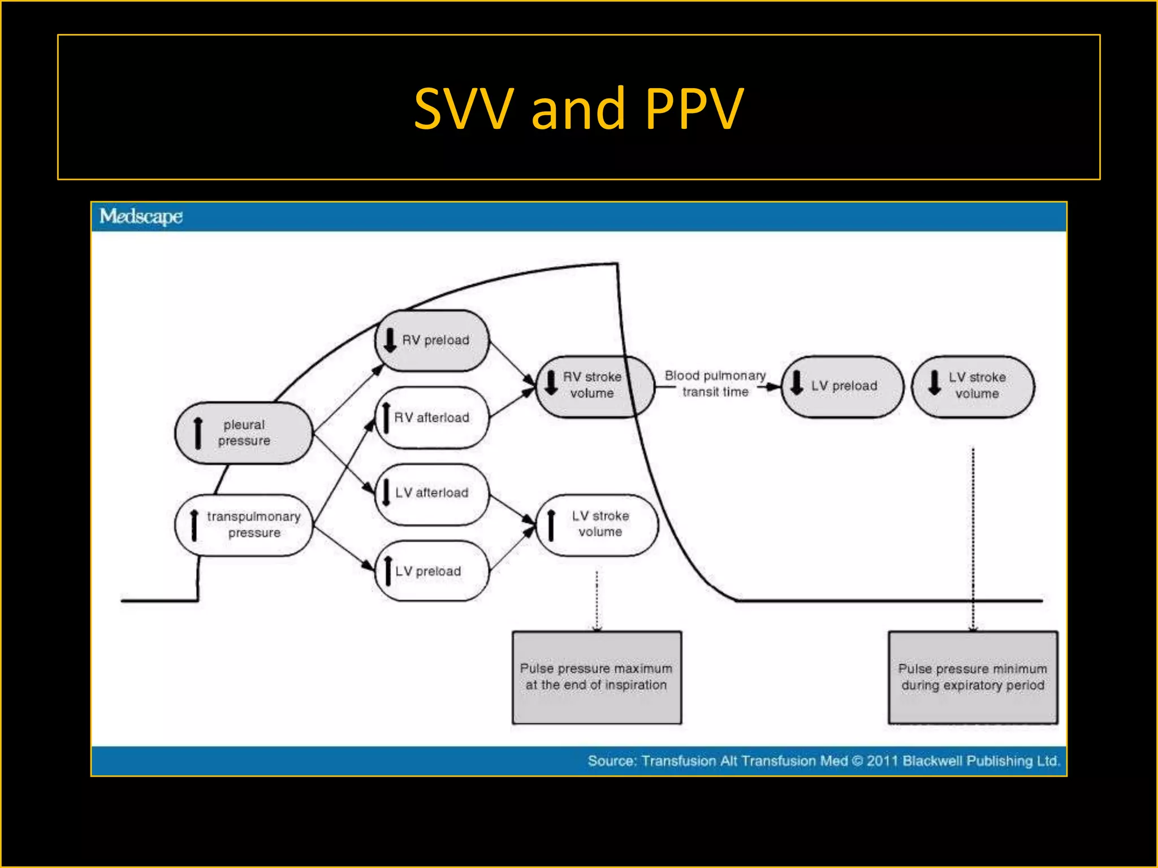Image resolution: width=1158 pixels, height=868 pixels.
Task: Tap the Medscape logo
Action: click(141, 216)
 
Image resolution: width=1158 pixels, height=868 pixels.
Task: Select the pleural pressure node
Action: click(244, 433)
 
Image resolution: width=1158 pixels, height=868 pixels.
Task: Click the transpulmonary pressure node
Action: click(244, 525)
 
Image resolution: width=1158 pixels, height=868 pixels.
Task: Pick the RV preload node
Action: click(433, 340)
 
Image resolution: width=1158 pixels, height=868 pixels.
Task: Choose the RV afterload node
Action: click(433, 418)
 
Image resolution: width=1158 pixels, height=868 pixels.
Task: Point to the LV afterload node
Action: click(433, 493)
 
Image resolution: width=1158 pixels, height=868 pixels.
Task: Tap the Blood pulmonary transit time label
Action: click(715, 384)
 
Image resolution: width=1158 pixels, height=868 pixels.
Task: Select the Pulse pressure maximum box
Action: click(597, 677)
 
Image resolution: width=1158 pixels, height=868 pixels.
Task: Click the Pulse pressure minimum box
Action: click(973, 677)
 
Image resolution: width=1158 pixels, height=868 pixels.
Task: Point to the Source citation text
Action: click(823, 761)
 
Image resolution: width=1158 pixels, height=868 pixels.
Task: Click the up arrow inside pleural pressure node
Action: click(198, 433)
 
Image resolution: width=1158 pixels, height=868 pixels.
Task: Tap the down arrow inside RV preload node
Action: click(390, 340)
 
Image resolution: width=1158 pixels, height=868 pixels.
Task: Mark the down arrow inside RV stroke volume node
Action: click(551, 383)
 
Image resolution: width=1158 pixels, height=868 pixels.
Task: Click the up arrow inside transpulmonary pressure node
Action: click(194, 525)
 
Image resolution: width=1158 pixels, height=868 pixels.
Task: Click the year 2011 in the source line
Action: click(882, 761)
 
